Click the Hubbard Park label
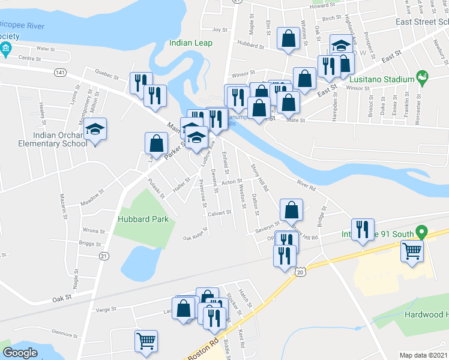click(143, 219)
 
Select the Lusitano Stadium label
click(381, 79)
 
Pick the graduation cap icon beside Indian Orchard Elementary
click(95, 130)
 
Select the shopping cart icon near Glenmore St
click(146, 341)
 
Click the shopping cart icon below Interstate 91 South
click(412, 251)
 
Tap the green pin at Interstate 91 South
click(422, 230)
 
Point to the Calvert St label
click(220, 212)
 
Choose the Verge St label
click(105, 310)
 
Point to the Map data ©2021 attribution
click(424, 355)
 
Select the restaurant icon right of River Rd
click(363, 230)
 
